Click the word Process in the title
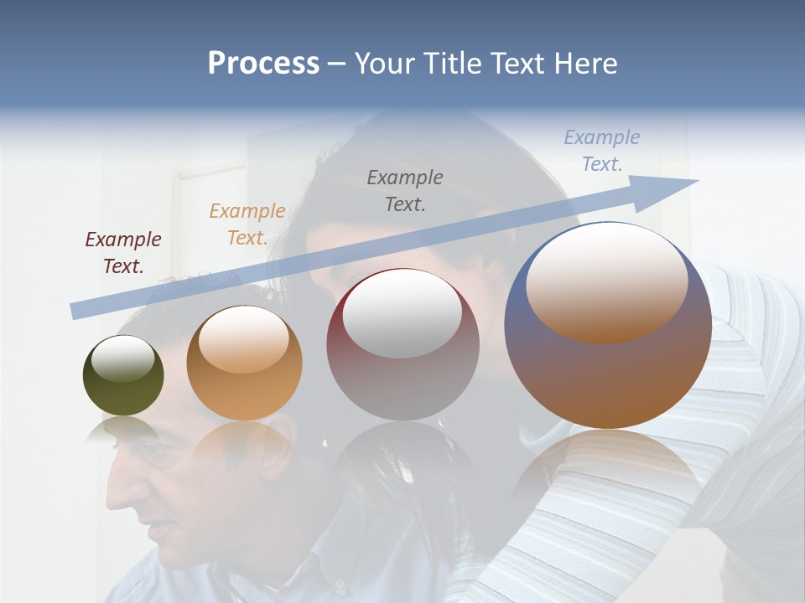point(263,63)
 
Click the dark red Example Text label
point(123,253)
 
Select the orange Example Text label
point(247,224)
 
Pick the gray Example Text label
point(405,190)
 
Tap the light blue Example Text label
point(602,151)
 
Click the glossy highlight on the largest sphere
point(607,281)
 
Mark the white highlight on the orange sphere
point(244,339)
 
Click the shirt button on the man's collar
point(339,583)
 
